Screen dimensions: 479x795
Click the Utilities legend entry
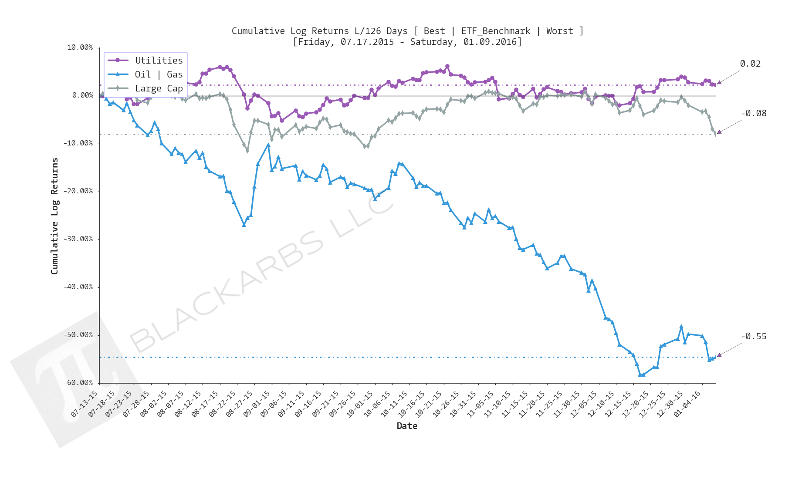(x=159, y=61)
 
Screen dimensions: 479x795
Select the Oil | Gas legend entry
(x=159, y=74)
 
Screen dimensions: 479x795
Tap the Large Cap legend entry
(x=159, y=88)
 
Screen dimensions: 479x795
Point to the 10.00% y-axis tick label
(x=80, y=47)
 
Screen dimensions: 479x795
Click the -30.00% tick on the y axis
(x=78, y=239)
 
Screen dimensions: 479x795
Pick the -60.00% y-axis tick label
(x=78, y=383)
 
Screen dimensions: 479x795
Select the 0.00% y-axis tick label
(x=82, y=95)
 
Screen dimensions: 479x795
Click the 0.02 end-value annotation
(x=750, y=64)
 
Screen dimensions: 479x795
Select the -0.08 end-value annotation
(x=754, y=113)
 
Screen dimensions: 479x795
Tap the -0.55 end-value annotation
(x=754, y=336)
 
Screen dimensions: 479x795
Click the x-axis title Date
(x=407, y=426)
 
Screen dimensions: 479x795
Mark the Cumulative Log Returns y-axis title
(x=54, y=216)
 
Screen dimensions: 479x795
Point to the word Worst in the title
(x=559, y=31)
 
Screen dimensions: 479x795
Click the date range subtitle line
(x=407, y=42)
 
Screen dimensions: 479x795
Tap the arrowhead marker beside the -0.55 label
(x=719, y=355)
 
